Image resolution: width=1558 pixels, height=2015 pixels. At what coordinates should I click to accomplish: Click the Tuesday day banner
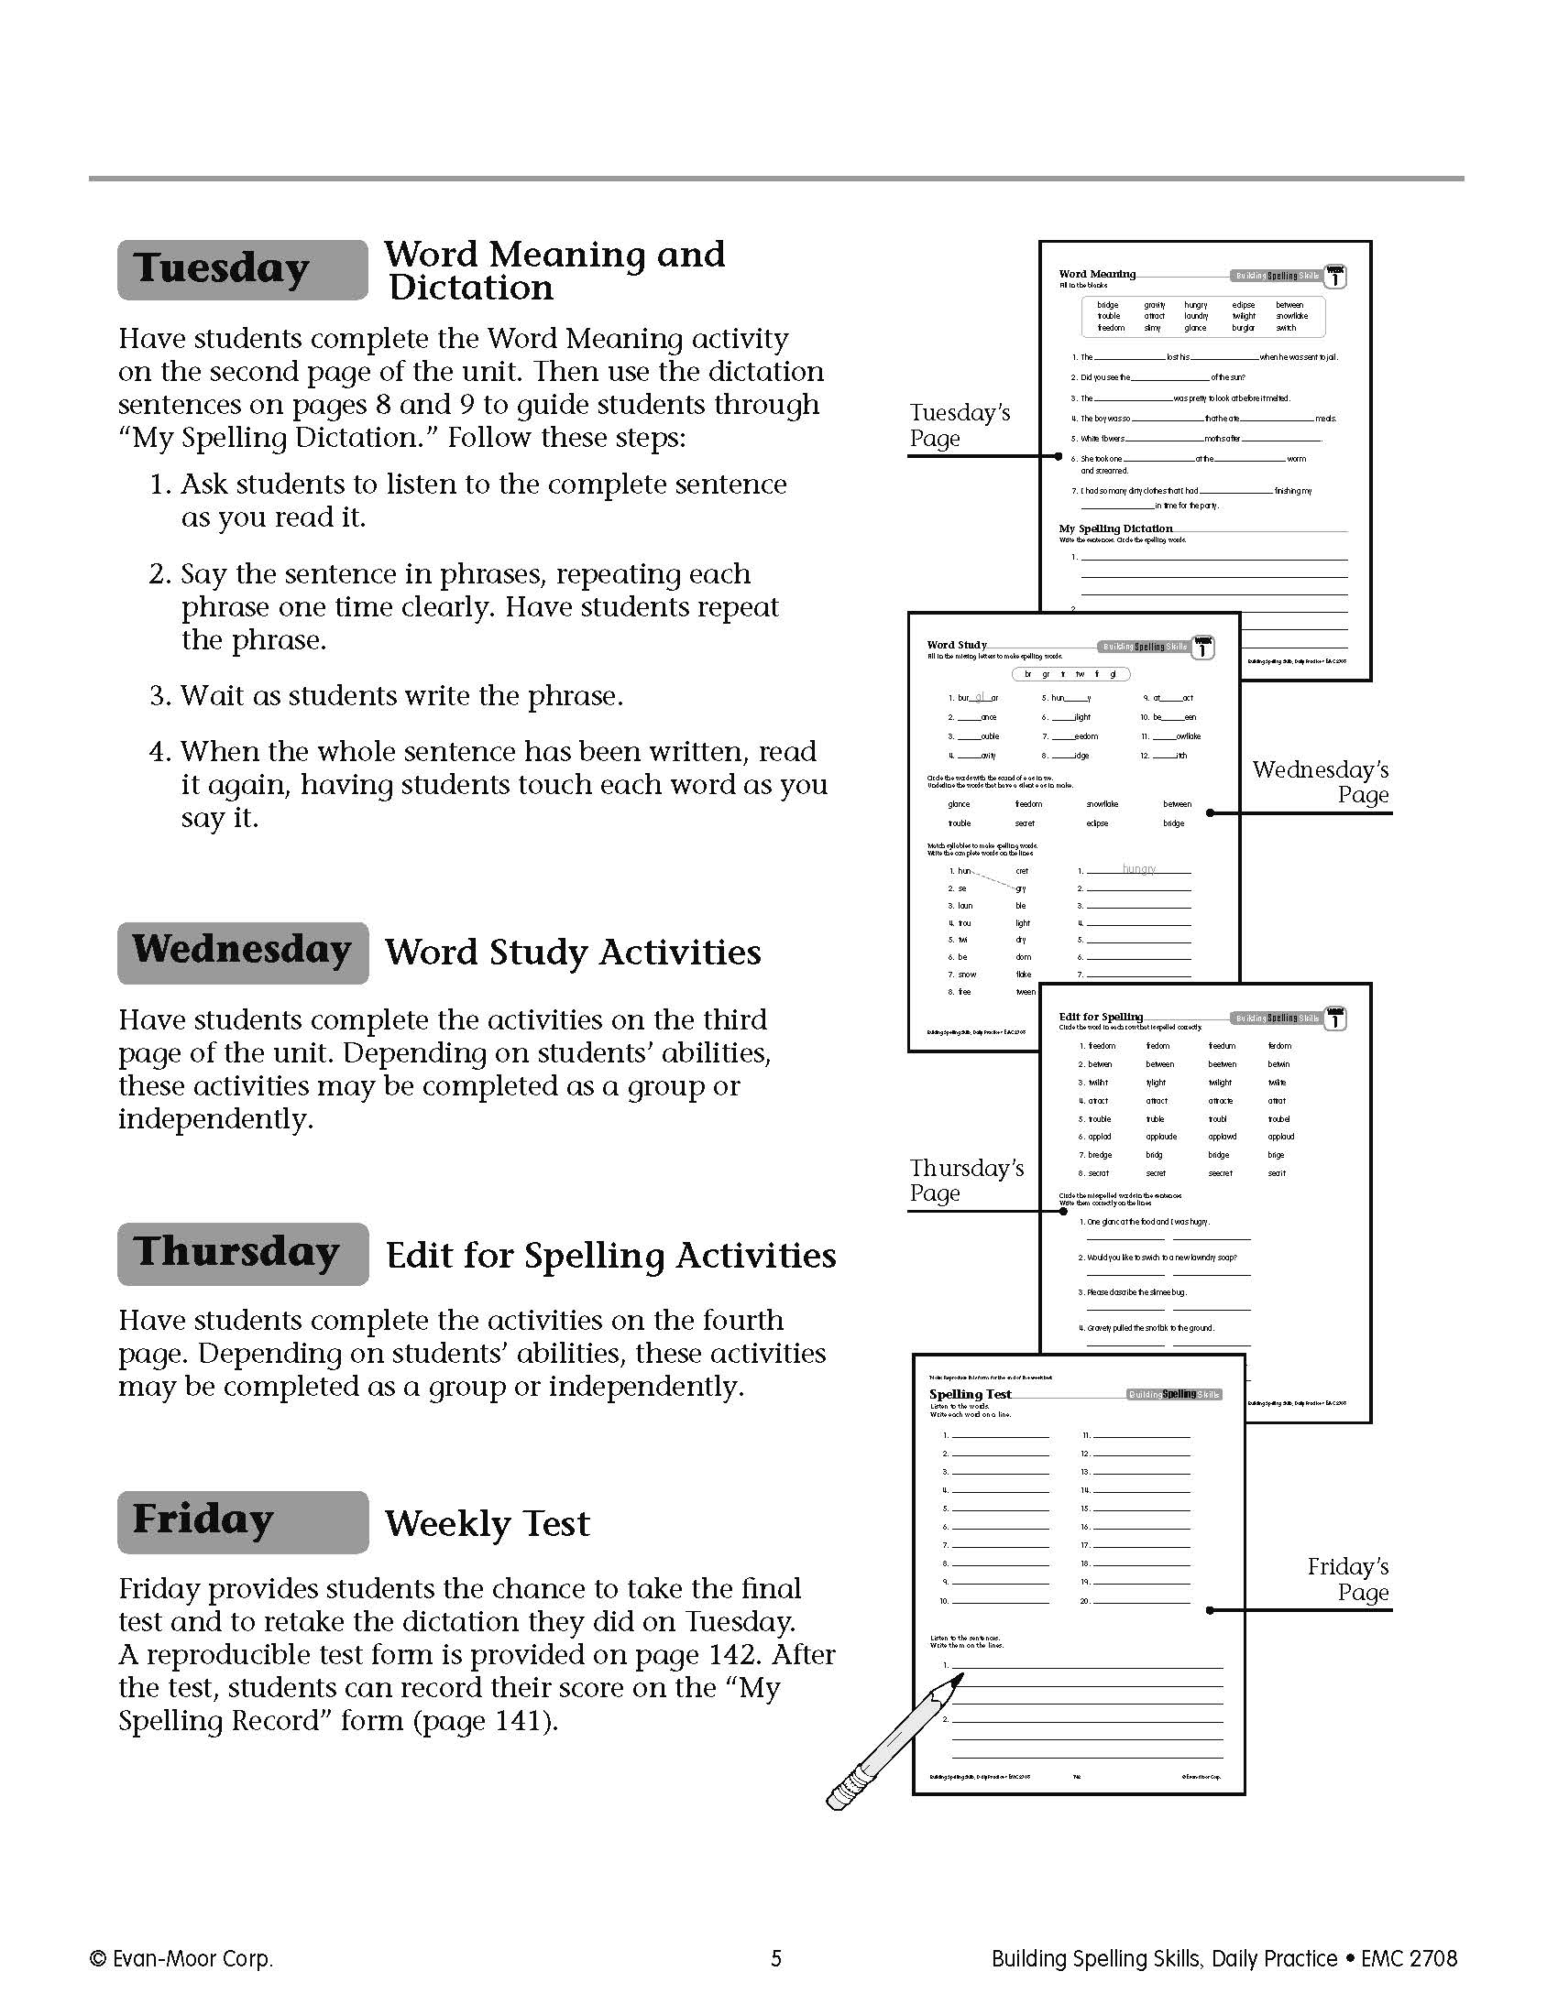click(x=242, y=269)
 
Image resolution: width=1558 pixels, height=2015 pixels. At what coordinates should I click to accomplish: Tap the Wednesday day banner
click(x=242, y=952)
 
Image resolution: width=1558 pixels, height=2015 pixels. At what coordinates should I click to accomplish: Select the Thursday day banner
click(x=242, y=1253)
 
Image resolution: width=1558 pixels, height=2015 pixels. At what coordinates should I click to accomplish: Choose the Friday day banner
click(x=242, y=1521)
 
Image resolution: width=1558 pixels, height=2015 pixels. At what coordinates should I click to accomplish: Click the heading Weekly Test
click(x=487, y=1523)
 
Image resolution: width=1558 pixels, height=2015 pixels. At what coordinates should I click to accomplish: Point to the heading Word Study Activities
click(x=572, y=953)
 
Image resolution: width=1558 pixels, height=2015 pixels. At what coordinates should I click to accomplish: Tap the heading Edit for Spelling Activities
click(x=610, y=1255)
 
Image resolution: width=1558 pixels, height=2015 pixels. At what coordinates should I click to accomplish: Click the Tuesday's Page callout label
click(x=959, y=425)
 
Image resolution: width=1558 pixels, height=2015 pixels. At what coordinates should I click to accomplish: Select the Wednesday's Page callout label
click(x=1320, y=781)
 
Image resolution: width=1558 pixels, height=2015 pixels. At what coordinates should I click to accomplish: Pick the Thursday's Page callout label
click(x=965, y=1180)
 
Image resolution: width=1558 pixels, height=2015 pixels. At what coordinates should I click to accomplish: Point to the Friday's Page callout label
click(x=1347, y=1579)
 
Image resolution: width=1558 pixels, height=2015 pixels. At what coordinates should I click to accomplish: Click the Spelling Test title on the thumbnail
click(x=969, y=1394)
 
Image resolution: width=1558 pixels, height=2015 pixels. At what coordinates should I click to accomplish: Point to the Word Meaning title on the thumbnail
click(x=1096, y=274)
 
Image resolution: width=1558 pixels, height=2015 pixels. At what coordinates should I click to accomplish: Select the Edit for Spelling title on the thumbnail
click(x=1100, y=1017)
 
